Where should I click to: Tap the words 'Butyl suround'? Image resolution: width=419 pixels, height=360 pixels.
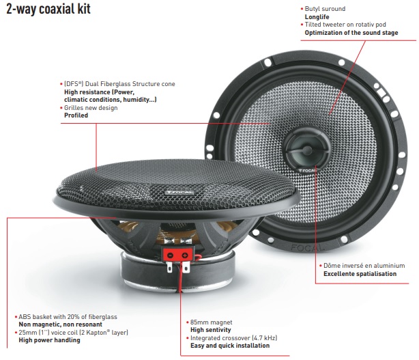pos(326,9)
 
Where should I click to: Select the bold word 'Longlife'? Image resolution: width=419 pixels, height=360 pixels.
pos(318,17)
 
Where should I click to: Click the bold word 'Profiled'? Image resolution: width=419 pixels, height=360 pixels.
pos(76,115)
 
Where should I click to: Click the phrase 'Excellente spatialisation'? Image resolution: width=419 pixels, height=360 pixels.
pos(360,273)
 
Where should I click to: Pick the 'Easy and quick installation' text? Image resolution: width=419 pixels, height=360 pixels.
pos(229,346)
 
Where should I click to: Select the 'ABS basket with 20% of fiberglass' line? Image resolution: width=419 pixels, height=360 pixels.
pos(68,316)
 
